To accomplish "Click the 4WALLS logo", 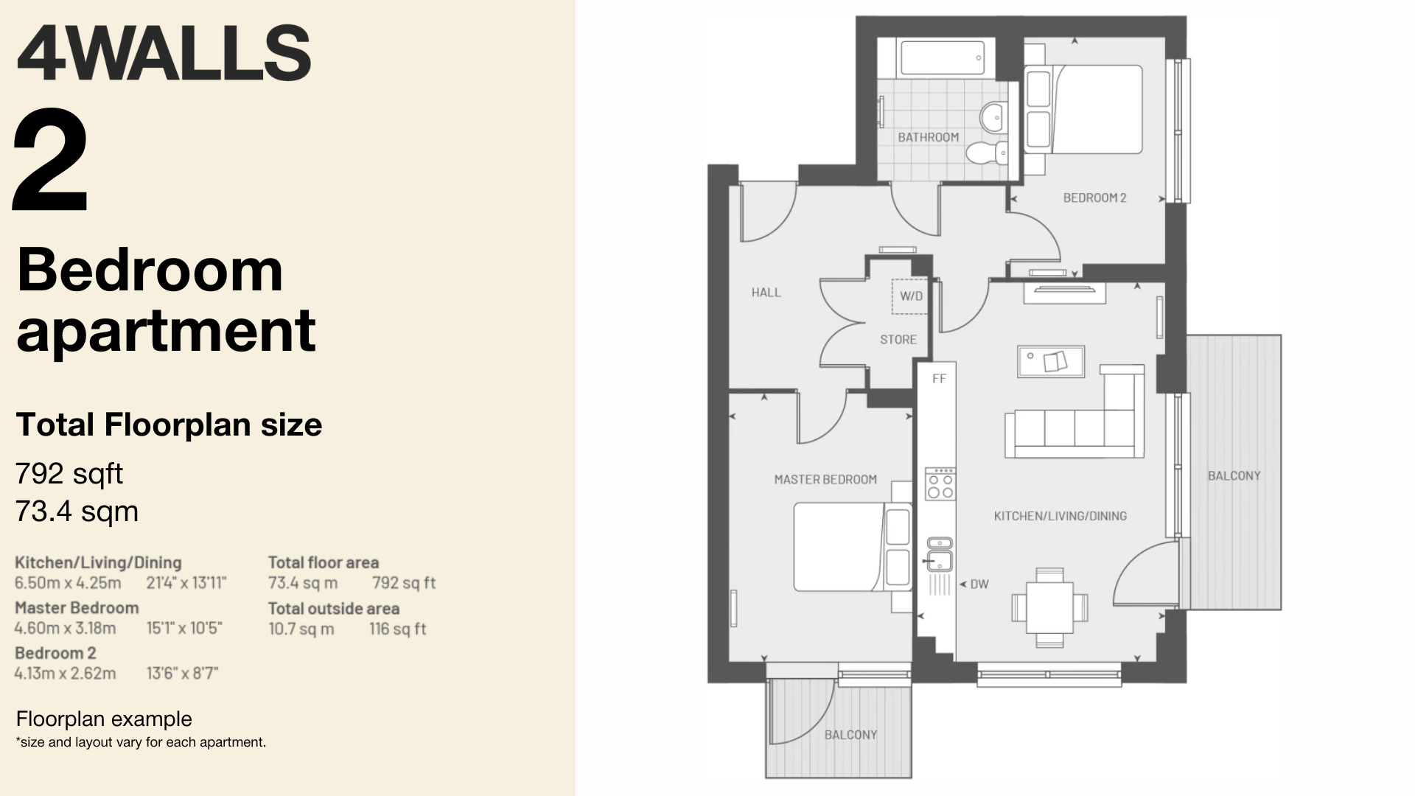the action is (164, 53).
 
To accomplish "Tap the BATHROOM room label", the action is (928, 137).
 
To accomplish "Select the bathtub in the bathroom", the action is (942, 57).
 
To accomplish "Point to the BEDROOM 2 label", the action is (1094, 198).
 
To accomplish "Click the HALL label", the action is (766, 293).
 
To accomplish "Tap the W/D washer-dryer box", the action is (910, 296).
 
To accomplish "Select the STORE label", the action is (898, 340).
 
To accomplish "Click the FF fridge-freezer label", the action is (939, 379).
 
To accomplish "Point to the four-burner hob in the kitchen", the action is (940, 483).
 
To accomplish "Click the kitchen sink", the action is (940, 554).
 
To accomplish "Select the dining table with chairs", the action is (1049, 607).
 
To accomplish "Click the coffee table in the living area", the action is (1051, 361).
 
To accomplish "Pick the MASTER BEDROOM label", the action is (825, 480).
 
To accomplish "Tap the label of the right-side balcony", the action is (1234, 476).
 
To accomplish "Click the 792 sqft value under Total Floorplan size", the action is (69, 474).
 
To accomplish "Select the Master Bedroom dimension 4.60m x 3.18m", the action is (66, 629).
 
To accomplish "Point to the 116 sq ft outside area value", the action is (398, 629).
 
